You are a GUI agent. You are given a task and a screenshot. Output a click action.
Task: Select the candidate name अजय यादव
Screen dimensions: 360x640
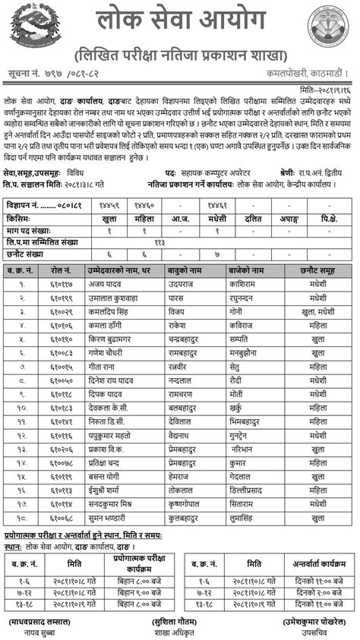click(x=104, y=283)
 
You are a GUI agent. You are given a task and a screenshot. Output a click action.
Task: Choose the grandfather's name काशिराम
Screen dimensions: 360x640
click(x=244, y=283)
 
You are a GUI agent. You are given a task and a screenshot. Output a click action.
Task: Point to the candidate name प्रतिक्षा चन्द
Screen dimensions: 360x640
click(x=109, y=462)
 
